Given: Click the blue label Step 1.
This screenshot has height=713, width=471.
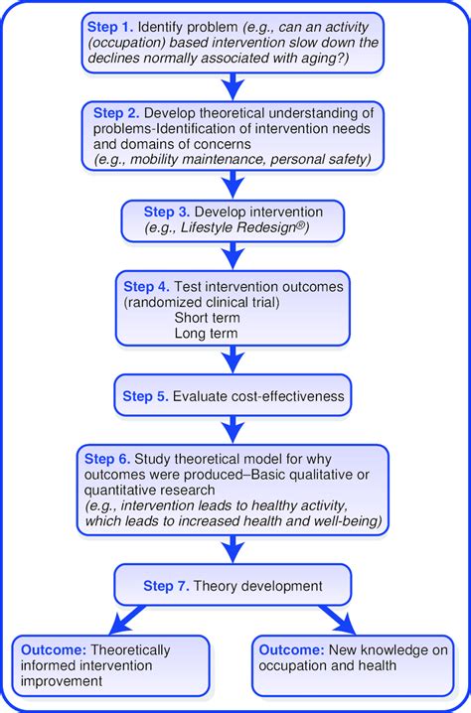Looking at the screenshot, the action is [x=110, y=27].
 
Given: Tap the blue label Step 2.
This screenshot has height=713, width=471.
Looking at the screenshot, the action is [x=116, y=113].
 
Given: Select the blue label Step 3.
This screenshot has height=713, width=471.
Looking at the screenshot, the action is [x=167, y=212].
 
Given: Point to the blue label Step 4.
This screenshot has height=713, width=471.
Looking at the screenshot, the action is [x=147, y=287].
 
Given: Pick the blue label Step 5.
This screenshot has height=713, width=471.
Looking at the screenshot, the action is [x=146, y=396].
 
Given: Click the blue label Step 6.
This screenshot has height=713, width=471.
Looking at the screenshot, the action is [x=107, y=459].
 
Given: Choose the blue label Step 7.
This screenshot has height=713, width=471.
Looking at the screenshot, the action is [x=166, y=586].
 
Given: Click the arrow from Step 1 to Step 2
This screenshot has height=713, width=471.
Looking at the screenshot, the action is [x=234, y=86].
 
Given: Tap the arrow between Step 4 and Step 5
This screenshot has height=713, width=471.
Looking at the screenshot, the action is [x=234, y=359].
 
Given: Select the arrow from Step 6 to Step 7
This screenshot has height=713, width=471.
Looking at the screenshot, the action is [x=234, y=550].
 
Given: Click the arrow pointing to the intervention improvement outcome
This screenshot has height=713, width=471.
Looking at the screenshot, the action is [x=127, y=620].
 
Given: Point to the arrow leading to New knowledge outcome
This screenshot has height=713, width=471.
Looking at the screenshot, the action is [x=338, y=620].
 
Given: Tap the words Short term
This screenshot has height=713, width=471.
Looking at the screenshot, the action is [x=207, y=318].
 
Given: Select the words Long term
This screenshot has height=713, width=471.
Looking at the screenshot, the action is [x=206, y=334].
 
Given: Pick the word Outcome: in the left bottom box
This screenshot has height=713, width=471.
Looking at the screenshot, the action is [x=54, y=650].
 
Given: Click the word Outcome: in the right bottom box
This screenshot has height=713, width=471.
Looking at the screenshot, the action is [x=292, y=650].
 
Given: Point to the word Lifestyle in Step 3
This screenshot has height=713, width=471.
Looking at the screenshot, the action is [x=206, y=227].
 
